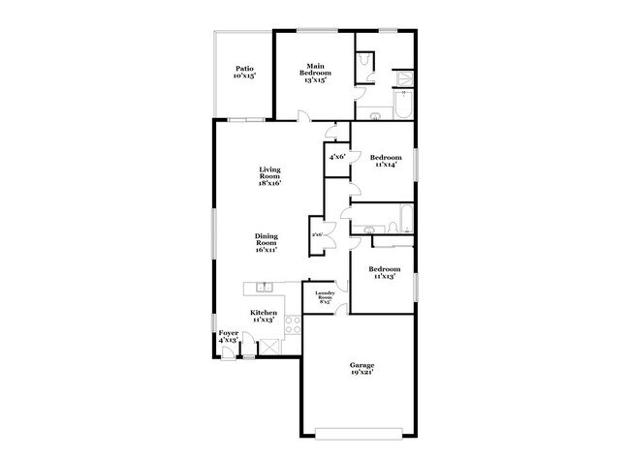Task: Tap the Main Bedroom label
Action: (314, 73)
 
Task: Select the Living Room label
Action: (269, 176)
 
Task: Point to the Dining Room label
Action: (267, 242)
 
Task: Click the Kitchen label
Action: (264, 316)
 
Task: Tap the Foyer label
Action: (228, 337)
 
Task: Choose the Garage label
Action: (362, 368)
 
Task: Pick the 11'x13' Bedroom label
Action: (384, 272)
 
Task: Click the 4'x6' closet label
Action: (337, 156)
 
